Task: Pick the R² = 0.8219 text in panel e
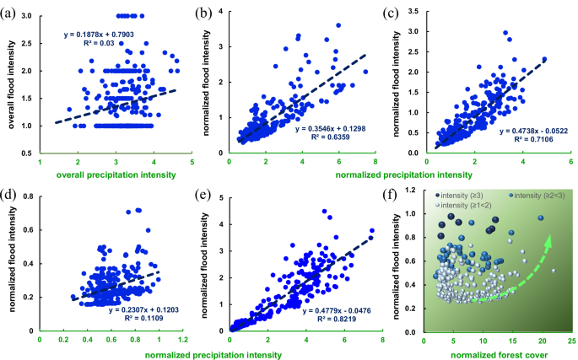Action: (333, 320)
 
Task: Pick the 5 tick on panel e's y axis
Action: (220, 197)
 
